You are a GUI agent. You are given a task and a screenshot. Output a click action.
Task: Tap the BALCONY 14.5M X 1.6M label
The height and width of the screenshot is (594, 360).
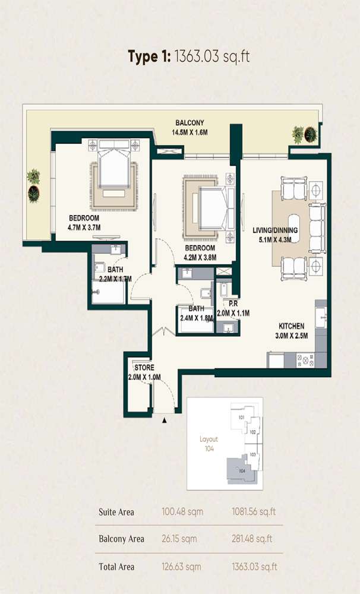(190, 128)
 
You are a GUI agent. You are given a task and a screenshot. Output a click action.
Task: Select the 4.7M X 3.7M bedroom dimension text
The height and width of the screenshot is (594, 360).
(84, 227)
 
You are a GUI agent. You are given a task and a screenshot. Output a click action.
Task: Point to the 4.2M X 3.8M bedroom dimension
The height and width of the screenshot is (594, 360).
(200, 257)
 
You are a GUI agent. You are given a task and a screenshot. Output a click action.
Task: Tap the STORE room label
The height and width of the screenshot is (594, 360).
(144, 368)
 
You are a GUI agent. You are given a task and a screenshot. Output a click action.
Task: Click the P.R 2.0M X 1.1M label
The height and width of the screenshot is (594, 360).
(233, 308)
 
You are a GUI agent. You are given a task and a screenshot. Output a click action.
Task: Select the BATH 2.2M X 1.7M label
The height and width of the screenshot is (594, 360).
(115, 274)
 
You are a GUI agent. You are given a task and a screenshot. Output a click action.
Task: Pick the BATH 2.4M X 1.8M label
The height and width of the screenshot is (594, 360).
(197, 313)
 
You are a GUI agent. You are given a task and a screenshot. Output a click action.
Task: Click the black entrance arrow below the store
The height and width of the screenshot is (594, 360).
(165, 421)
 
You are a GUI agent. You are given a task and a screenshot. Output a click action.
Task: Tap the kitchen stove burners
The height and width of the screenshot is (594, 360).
(305, 360)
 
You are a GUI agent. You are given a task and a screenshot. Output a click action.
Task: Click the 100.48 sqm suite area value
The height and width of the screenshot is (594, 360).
(182, 511)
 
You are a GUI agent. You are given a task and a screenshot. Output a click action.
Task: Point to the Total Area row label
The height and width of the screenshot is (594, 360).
(116, 567)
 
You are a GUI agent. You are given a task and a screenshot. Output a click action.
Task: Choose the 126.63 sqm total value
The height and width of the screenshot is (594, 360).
(181, 567)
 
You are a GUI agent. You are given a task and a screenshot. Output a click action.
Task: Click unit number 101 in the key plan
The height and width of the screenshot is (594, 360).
(242, 418)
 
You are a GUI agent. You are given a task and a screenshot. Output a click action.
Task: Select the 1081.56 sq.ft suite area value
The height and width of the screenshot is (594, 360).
(254, 511)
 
